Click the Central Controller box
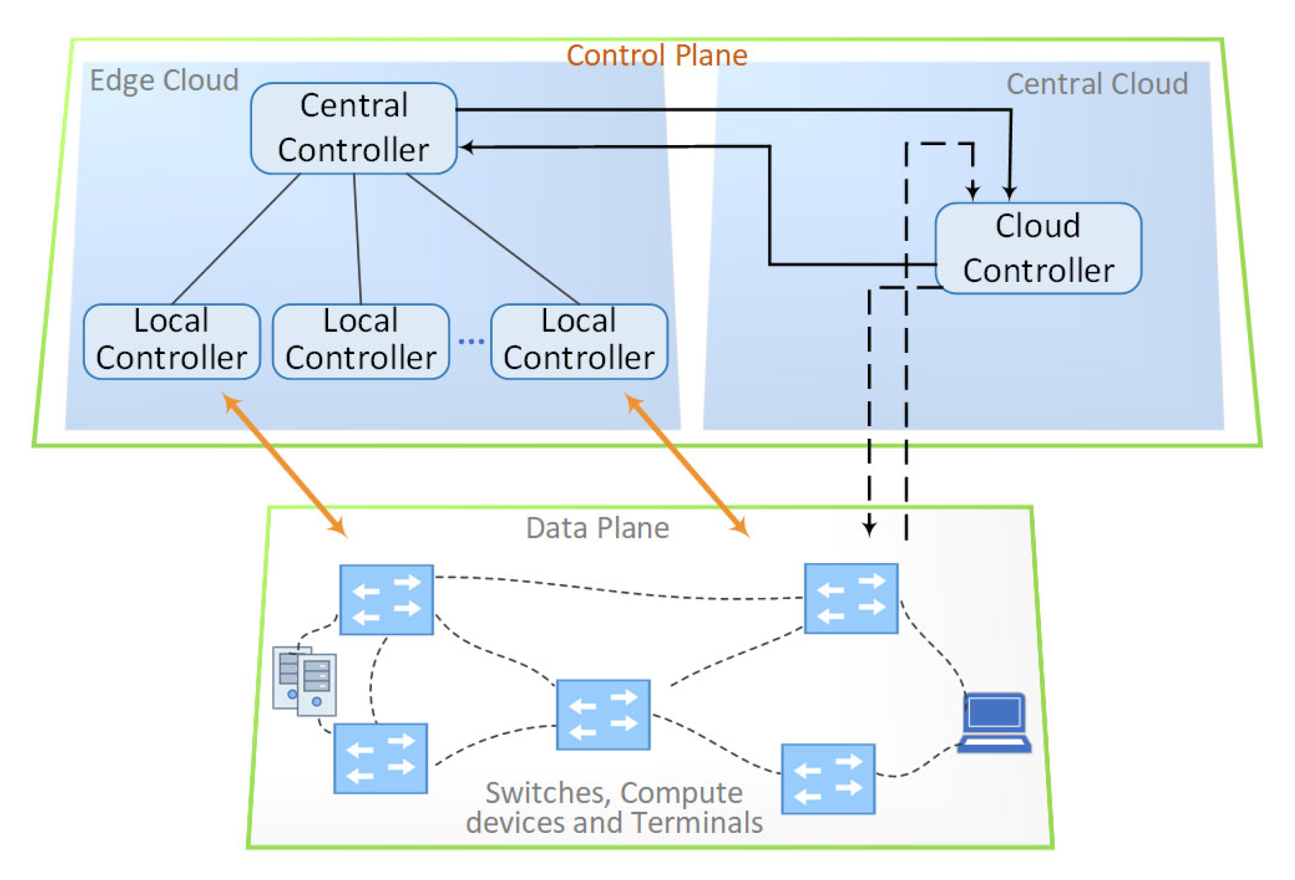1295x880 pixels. click(353, 128)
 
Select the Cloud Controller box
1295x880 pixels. click(1037, 248)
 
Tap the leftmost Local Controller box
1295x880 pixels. click(171, 341)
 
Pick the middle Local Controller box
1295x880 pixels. click(360, 341)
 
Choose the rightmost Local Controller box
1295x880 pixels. click(578, 341)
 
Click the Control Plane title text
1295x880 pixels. click(657, 56)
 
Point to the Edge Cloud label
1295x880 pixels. click(164, 81)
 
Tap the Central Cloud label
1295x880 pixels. click(1097, 84)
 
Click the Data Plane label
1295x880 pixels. click(597, 528)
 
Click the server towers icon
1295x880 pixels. click(304, 681)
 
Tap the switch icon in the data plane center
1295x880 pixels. click(603, 714)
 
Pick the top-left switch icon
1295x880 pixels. click(386, 600)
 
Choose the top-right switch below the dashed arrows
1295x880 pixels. click(850, 598)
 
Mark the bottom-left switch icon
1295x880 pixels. click(380, 758)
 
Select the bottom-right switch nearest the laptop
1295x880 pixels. click(827, 779)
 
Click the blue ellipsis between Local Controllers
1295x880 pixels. click(471, 341)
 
